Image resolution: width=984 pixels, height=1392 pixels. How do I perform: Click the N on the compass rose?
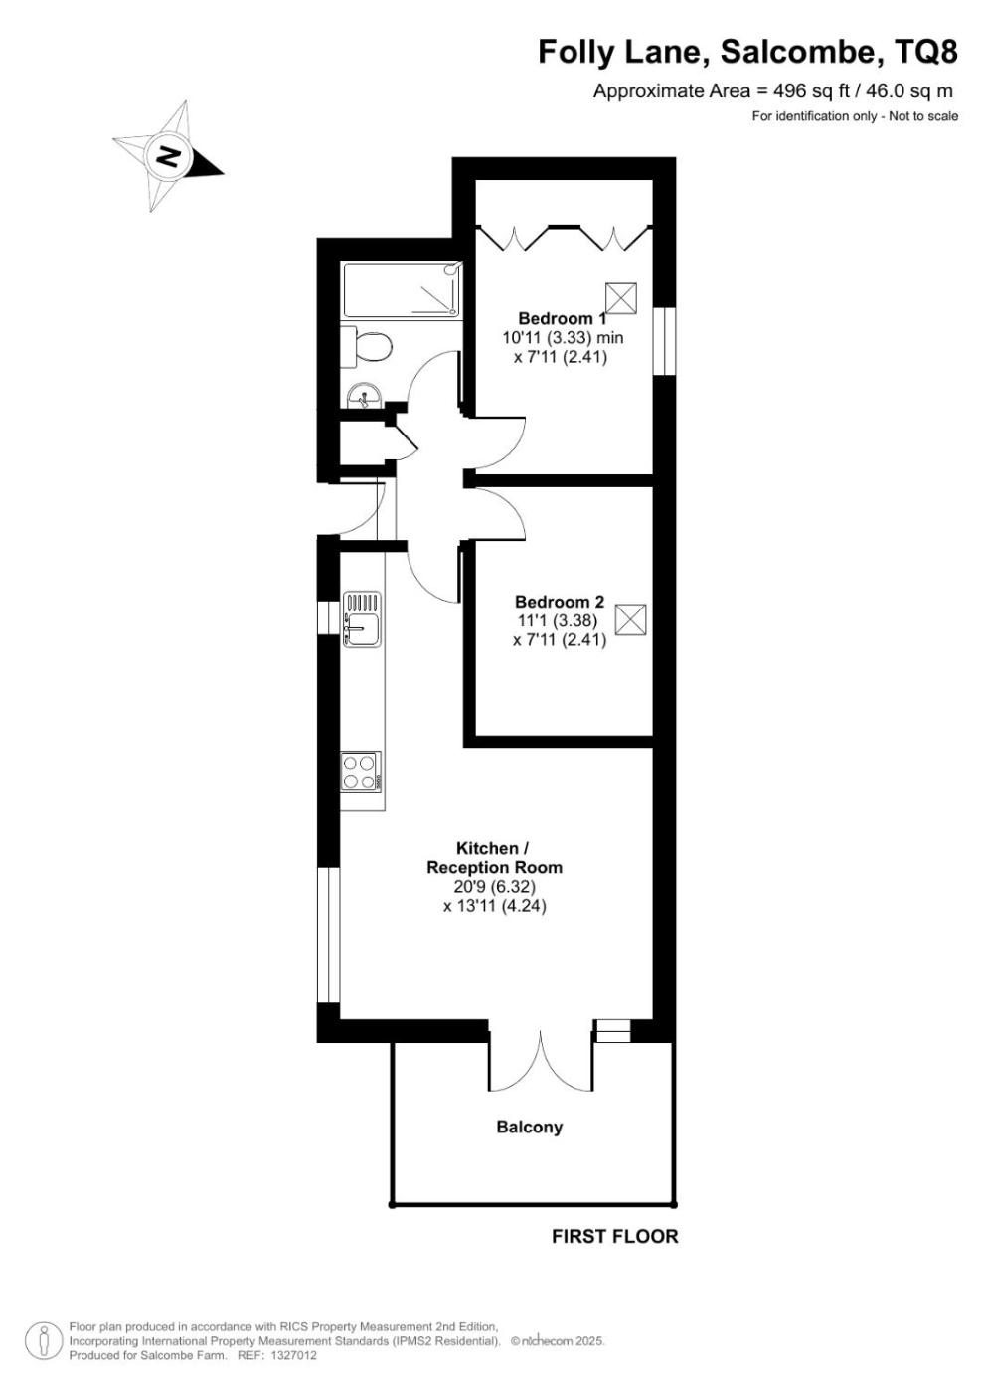(168, 156)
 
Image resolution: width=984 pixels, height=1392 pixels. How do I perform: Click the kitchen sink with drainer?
(362, 618)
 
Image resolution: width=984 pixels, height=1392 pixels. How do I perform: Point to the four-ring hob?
(361, 772)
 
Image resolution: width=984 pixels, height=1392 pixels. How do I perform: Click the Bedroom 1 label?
(562, 319)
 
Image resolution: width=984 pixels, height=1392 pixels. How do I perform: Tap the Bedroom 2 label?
(559, 602)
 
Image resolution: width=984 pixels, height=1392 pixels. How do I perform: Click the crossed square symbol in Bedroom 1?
(621, 299)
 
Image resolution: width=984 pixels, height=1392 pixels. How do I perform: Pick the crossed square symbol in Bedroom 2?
(630, 619)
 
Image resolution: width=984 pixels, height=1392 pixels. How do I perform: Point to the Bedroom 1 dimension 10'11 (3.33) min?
(563, 338)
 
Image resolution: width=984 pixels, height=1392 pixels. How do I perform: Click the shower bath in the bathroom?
(403, 289)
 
